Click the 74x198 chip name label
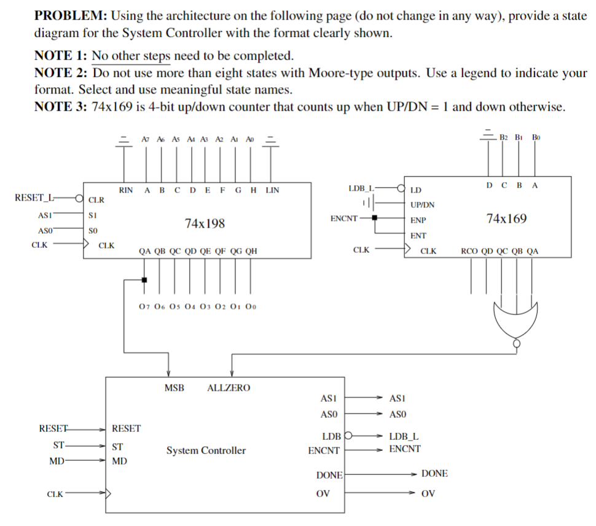(205, 223)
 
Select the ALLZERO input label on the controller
(229, 388)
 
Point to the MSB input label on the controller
(174, 388)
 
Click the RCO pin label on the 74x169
(469, 251)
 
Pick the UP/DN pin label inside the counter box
(422, 204)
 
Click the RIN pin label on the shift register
(125, 190)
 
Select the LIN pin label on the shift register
(272, 190)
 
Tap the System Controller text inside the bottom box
(206, 450)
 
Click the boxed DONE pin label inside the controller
(329, 475)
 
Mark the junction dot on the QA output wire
(144, 280)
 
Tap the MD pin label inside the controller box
(120, 460)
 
